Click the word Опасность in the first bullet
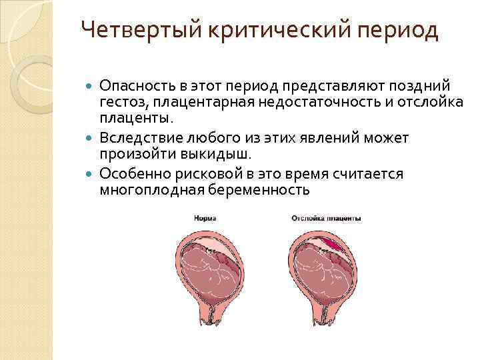pyautogui.click(x=135, y=86)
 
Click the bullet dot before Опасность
pyautogui.click(x=91, y=87)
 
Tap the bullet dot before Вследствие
pyautogui.click(x=91, y=139)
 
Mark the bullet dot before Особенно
pyautogui.click(x=91, y=175)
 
